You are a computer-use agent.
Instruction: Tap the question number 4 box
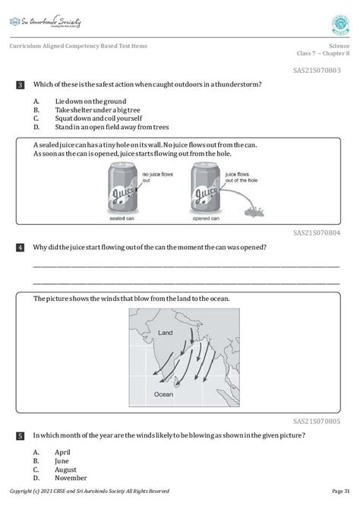[20, 248]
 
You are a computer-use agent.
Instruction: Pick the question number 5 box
[20, 436]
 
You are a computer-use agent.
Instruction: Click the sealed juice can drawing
[122, 190]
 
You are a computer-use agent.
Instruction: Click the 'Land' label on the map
[166, 334]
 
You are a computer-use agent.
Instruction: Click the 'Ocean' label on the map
[163, 394]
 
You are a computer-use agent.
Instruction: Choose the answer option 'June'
[62, 460]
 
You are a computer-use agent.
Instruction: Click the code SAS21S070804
[317, 234]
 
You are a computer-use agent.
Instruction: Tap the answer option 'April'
[63, 452]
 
